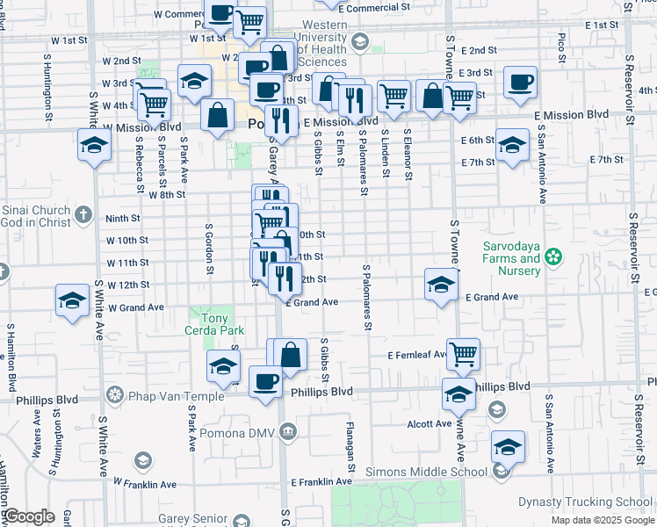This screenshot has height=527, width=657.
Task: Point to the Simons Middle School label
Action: point(426,473)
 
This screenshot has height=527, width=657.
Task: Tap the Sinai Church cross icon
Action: point(83,213)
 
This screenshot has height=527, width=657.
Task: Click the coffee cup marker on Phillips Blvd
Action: point(265,382)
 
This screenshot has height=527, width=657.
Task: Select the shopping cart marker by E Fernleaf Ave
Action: point(463,353)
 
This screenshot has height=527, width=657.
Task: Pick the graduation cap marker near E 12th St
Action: point(442,284)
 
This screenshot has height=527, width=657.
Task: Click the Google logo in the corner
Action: point(30,516)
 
